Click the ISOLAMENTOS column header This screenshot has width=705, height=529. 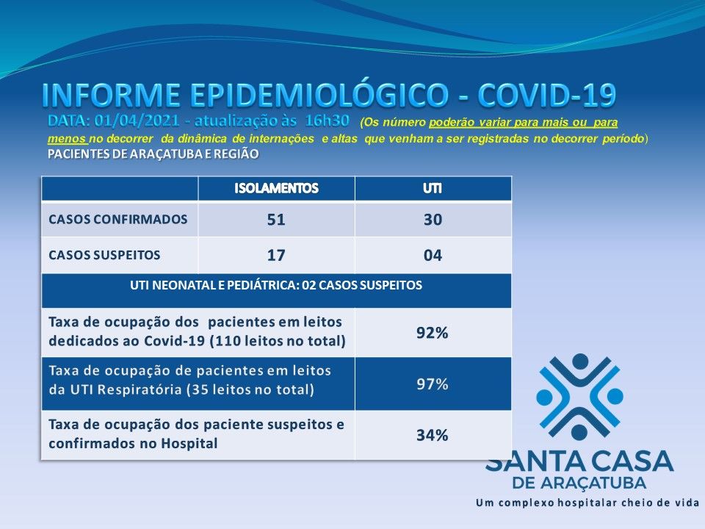coord(276,188)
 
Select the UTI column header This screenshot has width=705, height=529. coord(432,188)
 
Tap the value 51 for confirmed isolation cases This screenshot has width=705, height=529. coord(276,220)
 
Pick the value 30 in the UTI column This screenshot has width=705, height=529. coord(433,220)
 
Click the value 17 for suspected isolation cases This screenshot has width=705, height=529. coord(276,256)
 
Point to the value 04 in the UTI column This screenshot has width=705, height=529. coord(433,256)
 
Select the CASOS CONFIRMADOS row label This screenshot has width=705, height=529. coord(117,220)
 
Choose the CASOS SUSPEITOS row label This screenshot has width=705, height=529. coord(104,255)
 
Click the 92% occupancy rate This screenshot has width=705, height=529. coord(432,333)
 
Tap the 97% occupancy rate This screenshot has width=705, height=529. coord(432,384)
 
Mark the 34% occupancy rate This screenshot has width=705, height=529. coord(432,435)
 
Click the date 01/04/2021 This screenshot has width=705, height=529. coord(137,120)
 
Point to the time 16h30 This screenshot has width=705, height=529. coord(327,120)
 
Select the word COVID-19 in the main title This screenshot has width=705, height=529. coord(546,96)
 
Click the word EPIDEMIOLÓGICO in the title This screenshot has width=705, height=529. coord(319,96)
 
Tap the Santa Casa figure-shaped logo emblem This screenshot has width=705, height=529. coord(579,397)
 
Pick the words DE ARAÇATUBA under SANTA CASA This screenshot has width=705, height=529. coord(579,483)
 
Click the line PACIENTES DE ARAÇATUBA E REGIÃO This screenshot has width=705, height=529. coord(153,154)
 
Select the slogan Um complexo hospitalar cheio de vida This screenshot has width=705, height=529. coord(587,503)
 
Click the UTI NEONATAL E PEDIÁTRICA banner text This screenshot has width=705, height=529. coord(276,285)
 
